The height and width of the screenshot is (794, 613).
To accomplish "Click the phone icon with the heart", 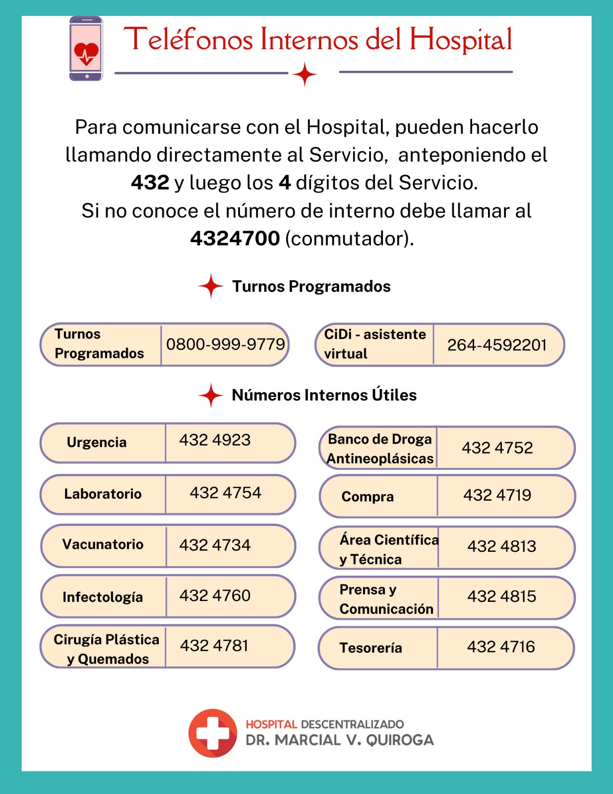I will click(x=86, y=49).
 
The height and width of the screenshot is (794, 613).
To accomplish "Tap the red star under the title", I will click(x=305, y=74).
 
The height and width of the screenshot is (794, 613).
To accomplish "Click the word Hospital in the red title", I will click(x=461, y=40).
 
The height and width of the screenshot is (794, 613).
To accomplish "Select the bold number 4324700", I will click(x=235, y=239).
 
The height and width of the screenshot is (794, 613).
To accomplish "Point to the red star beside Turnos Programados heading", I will click(x=211, y=286).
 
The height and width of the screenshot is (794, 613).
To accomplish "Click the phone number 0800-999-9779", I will click(x=226, y=344).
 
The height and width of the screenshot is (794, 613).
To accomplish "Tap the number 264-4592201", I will click(x=497, y=345).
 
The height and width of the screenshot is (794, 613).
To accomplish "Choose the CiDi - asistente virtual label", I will click(x=374, y=344).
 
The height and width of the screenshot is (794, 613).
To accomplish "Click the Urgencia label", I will click(x=97, y=442).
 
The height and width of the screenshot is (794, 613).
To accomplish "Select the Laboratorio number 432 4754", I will click(x=226, y=493).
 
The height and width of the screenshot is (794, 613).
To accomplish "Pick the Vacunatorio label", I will click(x=103, y=544).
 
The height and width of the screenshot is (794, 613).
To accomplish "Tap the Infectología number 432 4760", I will click(x=215, y=595).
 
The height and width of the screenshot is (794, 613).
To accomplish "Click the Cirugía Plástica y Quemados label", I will click(x=106, y=649).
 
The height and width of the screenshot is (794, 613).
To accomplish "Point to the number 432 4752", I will click(x=497, y=448).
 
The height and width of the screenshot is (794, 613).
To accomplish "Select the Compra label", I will click(x=368, y=497).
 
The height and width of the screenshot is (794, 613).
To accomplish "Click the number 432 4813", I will click(x=502, y=546).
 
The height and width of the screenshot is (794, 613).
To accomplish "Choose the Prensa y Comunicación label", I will click(x=386, y=599).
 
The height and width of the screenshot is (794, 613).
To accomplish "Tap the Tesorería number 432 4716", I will click(x=501, y=647).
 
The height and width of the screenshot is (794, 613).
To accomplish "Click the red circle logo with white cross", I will click(x=213, y=733).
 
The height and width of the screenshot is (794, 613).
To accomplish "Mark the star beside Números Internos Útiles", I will click(x=211, y=396).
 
